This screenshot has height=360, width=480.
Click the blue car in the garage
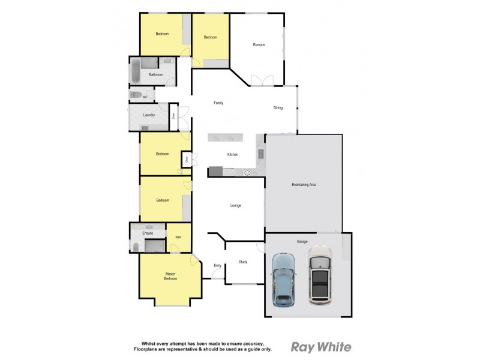pyautogui.click(x=284, y=280)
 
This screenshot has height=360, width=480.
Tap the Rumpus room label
pyautogui.click(x=259, y=44)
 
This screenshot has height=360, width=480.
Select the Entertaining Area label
pyautogui.click(x=304, y=184)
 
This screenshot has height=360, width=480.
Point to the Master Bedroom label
pyautogui.click(x=171, y=276)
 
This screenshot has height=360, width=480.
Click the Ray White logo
pyautogui.click(x=321, y=347)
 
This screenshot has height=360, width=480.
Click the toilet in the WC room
pyautogui.click(x=136, y=95)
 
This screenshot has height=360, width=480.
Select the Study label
pyautogui.click(x=243, y=262)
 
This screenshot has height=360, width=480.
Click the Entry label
pyautogui.click(x=217, y=265)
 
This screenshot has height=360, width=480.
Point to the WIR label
pyautogui.click(x=178, y=238)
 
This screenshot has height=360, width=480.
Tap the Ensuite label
pyautogui.click(x=139, y=233)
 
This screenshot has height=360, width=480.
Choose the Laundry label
pyautogui.click(x=149, y=115)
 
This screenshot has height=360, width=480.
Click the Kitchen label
pyautogui.click(x=232, y=154)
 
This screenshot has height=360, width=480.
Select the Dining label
pyautogui.click(x=278, y=108)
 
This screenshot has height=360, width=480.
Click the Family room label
pyautogui.click(x=218, y=103)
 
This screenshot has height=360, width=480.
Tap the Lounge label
pyautogui.click(x=236, y=205)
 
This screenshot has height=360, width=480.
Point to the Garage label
pyautogui.click(x=302, y=241)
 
